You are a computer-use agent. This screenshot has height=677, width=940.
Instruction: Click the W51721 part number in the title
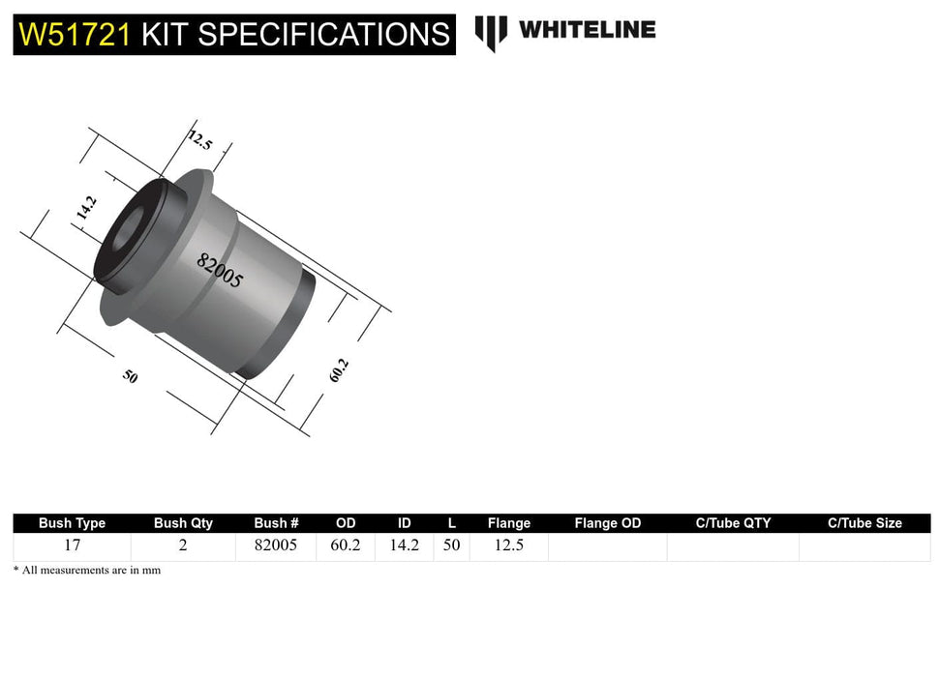76,35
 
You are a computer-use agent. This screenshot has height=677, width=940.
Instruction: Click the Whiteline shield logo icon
491,32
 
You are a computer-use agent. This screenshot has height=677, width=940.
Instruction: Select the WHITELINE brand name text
587,30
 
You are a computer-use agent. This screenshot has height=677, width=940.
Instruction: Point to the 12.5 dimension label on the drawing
199,140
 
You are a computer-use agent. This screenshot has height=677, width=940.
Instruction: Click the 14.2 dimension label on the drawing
86,208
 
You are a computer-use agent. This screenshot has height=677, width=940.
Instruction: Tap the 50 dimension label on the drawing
130,376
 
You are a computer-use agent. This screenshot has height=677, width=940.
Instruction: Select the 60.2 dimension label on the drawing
338,370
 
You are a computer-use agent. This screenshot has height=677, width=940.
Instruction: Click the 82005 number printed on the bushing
220,271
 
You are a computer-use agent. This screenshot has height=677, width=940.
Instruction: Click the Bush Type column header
72,523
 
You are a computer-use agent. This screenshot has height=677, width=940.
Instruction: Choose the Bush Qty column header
183,523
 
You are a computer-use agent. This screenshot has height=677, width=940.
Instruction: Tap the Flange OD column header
607,523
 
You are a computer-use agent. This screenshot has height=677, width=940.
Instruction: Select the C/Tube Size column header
864,523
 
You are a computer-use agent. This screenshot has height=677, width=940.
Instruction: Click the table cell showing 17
72,545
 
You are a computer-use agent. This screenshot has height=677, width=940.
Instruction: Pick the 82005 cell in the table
275,545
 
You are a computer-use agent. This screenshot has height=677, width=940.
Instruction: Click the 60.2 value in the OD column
346,545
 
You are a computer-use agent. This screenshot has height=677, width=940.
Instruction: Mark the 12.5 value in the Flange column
508,545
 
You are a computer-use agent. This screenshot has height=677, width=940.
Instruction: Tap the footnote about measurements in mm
87,571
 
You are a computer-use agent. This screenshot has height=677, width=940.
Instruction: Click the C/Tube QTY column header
733,523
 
